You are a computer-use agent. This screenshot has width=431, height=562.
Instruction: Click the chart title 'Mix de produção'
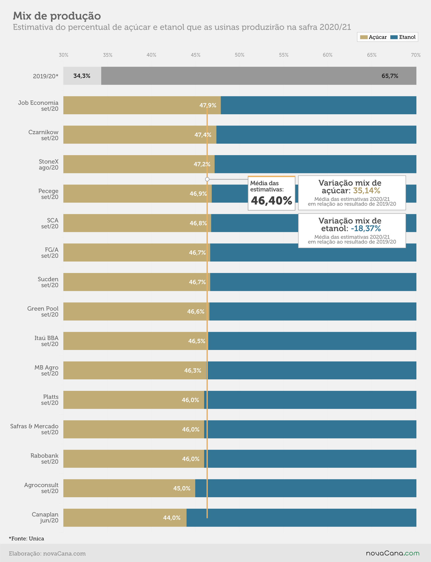[57, 16]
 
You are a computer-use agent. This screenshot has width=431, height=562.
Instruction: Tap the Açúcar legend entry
[373, 37]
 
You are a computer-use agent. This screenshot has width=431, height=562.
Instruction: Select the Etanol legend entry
[403, 37]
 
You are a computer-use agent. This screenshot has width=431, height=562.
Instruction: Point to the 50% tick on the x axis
[239, 55]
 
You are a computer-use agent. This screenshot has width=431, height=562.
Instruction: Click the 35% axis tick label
[108, 55]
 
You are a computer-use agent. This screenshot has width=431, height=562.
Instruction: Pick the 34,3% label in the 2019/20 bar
[82, 76]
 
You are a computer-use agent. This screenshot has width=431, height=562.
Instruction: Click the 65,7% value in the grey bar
[390, 76]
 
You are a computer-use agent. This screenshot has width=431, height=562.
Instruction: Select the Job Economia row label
[38, 106]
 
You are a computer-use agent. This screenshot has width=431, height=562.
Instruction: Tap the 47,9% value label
[208, 105]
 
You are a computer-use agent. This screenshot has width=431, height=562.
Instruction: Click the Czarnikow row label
[43, 135]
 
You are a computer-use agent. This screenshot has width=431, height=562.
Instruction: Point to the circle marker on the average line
[207, 179]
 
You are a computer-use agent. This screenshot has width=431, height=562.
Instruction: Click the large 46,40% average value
[271, 200]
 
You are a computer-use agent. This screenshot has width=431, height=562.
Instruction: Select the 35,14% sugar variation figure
[367, 191]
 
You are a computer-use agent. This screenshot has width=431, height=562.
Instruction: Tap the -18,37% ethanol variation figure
[366, 228]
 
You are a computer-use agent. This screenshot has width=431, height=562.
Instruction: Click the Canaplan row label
[45, 517]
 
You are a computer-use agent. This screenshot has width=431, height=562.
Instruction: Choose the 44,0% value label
[172, 518]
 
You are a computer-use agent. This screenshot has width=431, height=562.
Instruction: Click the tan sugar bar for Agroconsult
[129, 488]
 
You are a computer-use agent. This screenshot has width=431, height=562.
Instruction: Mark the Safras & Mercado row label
[34, 429]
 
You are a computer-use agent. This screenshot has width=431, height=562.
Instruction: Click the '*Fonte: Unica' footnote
[26, 538]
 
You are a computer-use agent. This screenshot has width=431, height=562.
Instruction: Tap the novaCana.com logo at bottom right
[392, 553]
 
